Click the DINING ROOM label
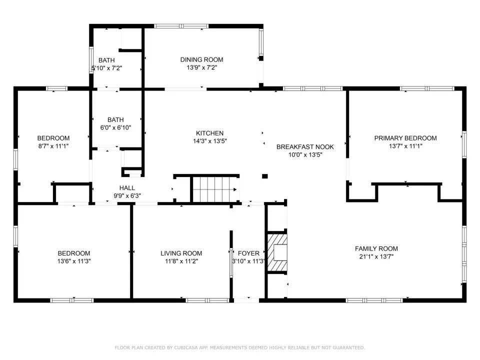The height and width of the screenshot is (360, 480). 201,59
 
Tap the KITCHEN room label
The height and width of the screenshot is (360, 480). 209,133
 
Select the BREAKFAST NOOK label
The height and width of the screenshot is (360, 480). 305,147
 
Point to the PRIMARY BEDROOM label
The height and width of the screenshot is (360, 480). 405,138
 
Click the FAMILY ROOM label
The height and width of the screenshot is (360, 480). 376,248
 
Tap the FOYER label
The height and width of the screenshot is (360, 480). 248,253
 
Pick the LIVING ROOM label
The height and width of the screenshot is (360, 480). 181,253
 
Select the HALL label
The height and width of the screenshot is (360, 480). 127,188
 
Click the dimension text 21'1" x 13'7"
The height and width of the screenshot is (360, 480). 376,256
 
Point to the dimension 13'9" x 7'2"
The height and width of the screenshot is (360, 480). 201,67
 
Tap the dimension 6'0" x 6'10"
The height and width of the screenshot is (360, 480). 115,127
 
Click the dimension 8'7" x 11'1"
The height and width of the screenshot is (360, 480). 53,146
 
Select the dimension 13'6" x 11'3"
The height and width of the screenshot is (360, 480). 74,261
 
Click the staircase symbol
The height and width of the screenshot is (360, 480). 215,189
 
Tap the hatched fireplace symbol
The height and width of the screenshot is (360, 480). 277,253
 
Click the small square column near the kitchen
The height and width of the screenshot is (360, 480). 265,176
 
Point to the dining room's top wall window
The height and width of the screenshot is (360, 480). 181,26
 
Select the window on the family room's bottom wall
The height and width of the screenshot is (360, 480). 374,300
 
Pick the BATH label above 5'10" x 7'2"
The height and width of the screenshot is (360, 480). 106,60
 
